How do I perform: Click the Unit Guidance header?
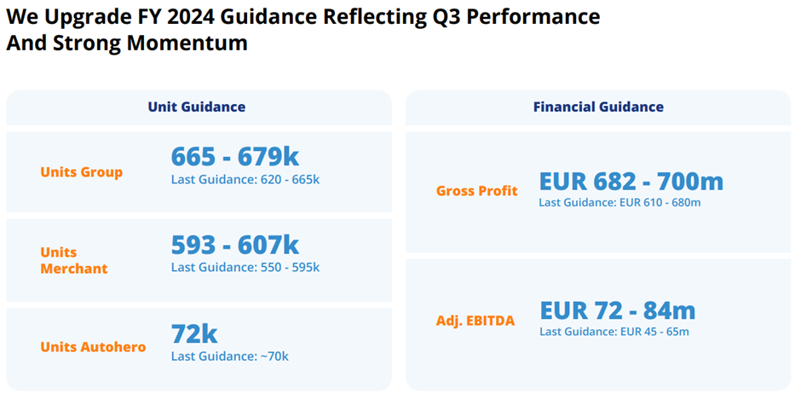(x=196, y=107)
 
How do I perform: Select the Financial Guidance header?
(x=598, y=107)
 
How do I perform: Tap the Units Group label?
(x=82, y=172)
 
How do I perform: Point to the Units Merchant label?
(x=74, y=260)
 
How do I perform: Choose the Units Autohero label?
(x=93, y=347)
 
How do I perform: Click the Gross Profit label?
(x=476, y=191)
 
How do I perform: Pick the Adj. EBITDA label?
(x=475, y=321)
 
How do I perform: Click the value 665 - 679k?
(x=235, y=157)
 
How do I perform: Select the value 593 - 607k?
(x=235, y=246)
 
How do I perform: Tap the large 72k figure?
(x=195, y=333)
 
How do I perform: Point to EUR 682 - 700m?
(x=631, y=181)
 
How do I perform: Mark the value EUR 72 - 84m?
(x=617, y=310)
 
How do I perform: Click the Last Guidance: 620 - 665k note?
(x=245, y=179)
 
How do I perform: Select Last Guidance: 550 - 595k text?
(x=245, y=267)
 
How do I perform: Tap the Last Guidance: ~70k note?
(x=230, y=356)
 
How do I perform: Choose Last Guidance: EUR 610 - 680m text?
(x=619, y=202)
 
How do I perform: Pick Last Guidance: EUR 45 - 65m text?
(x=614, y=331)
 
